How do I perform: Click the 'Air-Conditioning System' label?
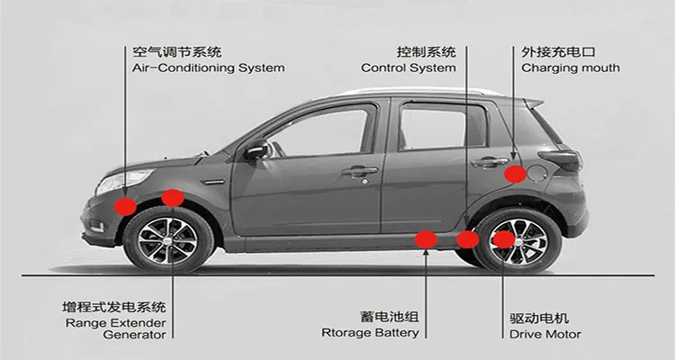[208, 67]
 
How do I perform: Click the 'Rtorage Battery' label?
[370, 333]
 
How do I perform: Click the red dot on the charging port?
[515, 174]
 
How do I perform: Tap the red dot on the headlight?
[126, 206]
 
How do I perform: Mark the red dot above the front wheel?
[173, 197]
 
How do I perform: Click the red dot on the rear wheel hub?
[504, 238]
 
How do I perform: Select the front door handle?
[359, 170]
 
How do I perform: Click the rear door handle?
[488, 162]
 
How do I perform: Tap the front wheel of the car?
[169, 240]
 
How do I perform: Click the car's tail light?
[565, 159]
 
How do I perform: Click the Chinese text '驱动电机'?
[538, 319]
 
